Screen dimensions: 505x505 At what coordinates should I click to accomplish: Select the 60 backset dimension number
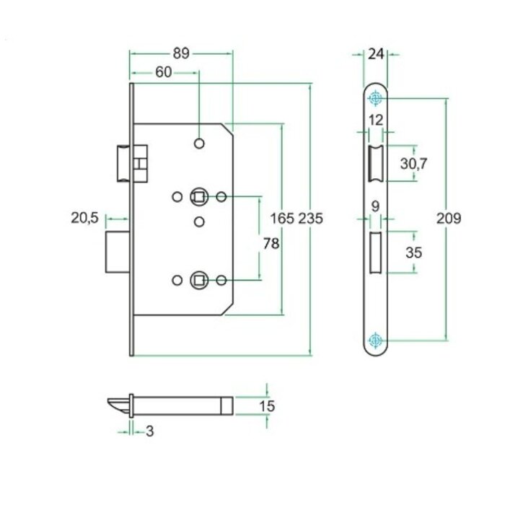coord(163,72)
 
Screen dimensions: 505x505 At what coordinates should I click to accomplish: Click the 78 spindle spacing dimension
coord(271,244)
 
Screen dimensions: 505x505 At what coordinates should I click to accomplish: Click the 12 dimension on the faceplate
coord(375,120)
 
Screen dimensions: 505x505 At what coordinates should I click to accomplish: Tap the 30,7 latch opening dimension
coord(414,164)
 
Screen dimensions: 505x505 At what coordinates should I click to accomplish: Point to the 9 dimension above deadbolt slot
coord(375,206)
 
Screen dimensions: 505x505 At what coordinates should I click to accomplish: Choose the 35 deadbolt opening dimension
coord(414,252)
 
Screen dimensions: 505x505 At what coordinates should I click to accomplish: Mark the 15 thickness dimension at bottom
coord(266,406)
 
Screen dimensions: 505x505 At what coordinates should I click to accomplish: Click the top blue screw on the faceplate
coord(375,99)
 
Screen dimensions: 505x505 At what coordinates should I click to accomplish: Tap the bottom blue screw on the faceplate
coord(375,341)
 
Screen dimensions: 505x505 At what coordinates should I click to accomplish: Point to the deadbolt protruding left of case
coord(117,252)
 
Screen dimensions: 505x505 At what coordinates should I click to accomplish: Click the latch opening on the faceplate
coord(375,164)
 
